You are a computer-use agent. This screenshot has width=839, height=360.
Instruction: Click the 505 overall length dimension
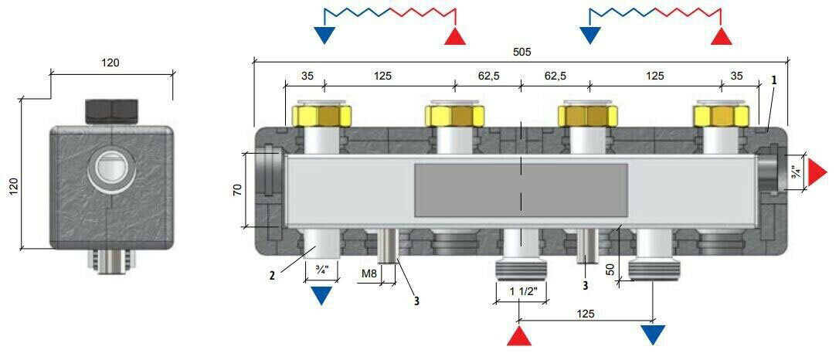click(521, 52)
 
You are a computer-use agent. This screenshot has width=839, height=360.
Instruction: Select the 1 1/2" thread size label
click(521, 290)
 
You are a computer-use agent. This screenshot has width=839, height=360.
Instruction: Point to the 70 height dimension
click(238, 189)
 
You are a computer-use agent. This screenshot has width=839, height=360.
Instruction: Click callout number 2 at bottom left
click(272, 276)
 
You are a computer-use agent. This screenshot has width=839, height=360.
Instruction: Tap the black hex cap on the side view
click(111, 110)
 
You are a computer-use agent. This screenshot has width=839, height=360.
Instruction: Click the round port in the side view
click(111, 169)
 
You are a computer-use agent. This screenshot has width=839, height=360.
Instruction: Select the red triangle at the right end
click(816, 172)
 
